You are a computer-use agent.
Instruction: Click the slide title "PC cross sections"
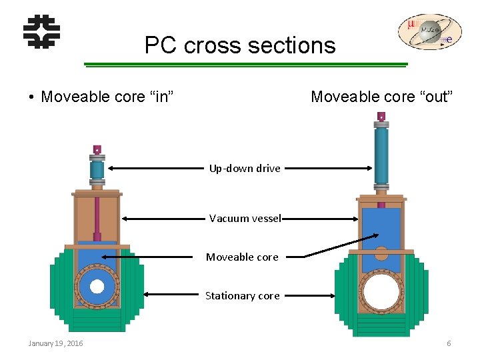240,45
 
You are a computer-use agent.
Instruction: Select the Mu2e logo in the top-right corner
429,32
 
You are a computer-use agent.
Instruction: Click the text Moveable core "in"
107,97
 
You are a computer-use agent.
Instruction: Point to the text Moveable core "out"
382,97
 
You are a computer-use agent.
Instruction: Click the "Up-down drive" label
245,169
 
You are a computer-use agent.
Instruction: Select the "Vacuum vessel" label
245,218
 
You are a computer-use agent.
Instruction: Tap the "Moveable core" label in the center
242,257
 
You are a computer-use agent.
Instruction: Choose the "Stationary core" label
242,295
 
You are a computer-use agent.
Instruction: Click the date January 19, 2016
55,343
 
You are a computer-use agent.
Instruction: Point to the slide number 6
449,343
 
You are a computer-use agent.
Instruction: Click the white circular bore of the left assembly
97,287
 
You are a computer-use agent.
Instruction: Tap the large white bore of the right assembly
381,292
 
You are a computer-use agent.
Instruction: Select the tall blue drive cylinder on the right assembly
381,155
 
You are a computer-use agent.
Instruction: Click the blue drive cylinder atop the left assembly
97,170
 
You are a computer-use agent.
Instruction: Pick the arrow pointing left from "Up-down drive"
157,169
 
